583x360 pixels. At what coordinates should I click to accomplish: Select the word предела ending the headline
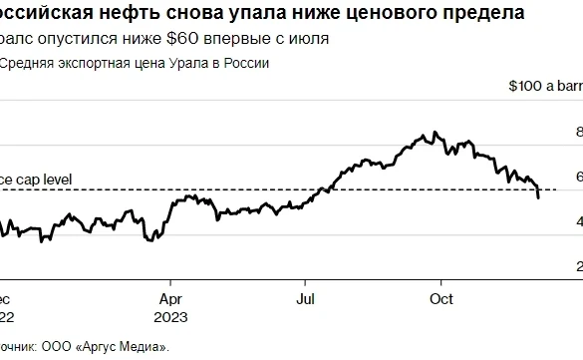482,14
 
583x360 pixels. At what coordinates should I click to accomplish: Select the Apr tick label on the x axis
170,298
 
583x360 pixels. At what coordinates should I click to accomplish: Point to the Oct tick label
440,298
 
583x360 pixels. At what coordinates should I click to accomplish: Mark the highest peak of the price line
433,132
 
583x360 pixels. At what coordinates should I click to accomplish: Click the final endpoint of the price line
539,197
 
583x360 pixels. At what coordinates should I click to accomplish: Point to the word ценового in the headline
382,14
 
